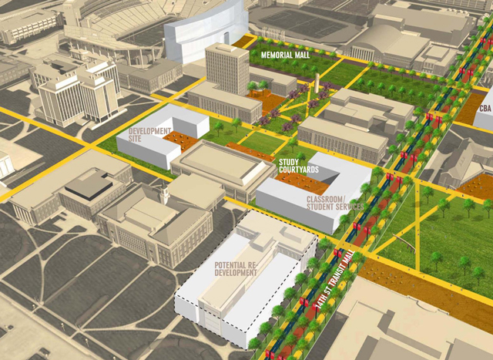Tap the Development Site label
(x=151, y=136)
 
